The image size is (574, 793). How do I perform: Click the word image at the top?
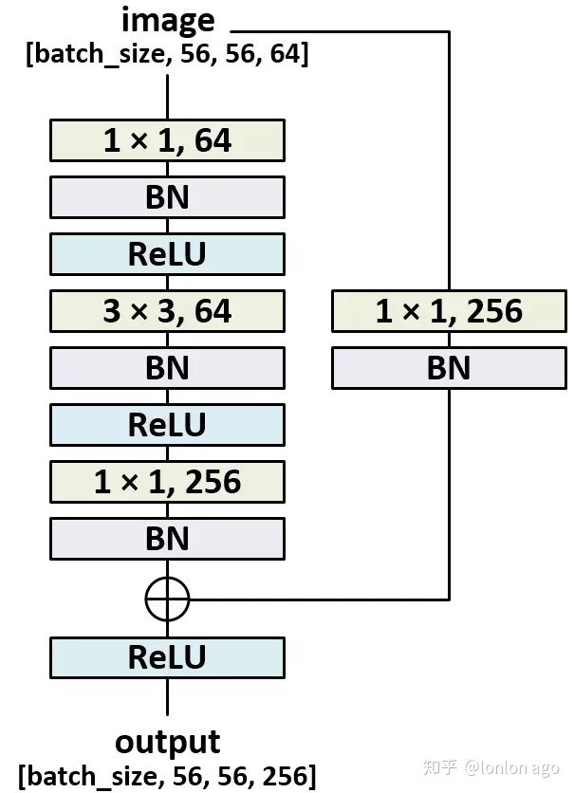[168, 21]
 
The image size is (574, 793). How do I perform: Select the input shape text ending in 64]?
[168, 54]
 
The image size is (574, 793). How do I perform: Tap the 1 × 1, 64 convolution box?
[167, 140]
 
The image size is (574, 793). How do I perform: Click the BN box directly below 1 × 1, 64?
[167, 197]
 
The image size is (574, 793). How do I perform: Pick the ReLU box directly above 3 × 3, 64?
[167, 254]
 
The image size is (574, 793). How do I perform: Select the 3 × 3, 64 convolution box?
[167, 311]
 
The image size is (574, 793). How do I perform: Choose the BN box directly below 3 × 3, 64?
[167, 368]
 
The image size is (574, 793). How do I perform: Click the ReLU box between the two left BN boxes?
[167, 425]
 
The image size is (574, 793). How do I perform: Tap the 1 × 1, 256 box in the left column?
[167, 482]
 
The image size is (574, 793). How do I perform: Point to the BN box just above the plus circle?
[167, 539]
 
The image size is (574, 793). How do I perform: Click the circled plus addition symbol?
[168, 599]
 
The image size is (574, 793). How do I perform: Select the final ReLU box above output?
[167, 657]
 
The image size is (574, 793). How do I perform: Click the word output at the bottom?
[168, 742]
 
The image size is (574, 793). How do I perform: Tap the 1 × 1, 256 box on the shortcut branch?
[449, 311]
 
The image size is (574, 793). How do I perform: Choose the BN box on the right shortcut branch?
[449, 368]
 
